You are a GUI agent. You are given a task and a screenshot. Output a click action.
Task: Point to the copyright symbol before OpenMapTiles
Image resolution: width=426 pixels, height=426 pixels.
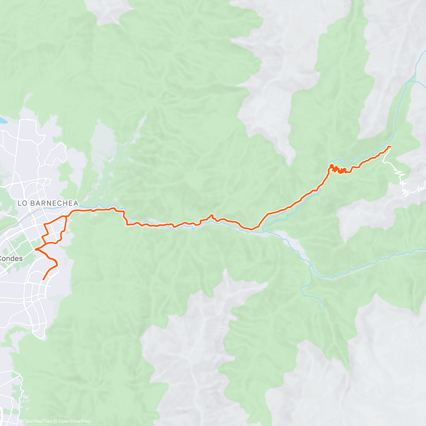tap(20, 421)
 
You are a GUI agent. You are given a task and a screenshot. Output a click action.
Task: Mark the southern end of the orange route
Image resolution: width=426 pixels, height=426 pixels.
tap(43, 280)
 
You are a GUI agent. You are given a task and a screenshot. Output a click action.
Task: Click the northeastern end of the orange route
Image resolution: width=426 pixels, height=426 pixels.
tap(390, 147)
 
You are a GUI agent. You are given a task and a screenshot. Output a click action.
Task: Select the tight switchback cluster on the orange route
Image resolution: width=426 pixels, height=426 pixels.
tap(339, 170)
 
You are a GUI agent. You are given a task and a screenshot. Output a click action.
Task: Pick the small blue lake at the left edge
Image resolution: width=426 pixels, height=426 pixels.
tap(3, 121)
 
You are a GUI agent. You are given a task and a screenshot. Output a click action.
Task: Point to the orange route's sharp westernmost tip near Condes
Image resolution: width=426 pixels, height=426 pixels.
tap(35, 250)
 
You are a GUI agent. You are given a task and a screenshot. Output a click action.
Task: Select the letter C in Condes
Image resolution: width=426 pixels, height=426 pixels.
tap(2, 258)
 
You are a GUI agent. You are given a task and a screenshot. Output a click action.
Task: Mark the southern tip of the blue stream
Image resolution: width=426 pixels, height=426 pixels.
tap(324, 307)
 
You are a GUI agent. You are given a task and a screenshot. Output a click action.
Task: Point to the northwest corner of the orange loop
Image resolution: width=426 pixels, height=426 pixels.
tap(44, 224)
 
